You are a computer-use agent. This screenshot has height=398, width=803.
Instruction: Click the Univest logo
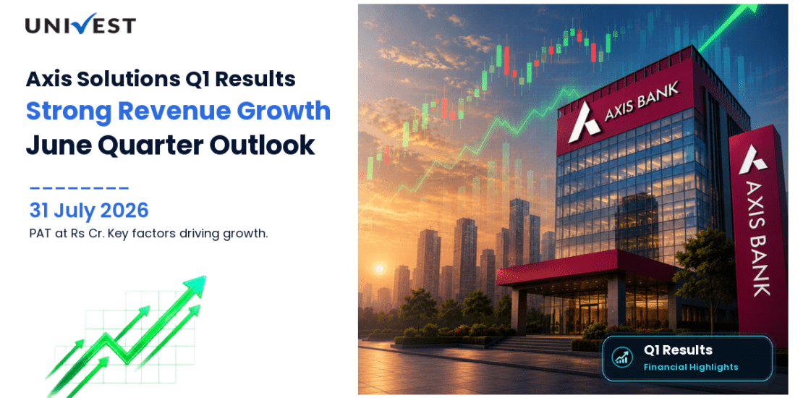[x=80, y=24]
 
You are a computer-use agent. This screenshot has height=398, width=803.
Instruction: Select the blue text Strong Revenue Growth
[x=178, y=111]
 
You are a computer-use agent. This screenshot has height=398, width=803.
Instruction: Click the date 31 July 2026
[x=89, y=211]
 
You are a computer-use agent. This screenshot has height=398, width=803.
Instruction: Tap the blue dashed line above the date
[x=79, y=189]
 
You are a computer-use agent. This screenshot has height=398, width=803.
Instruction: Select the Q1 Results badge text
[x=678, y=350]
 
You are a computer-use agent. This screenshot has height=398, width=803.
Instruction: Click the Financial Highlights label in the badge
[x=690, y=367]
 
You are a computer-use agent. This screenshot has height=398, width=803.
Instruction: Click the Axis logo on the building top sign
[x=585, y=122]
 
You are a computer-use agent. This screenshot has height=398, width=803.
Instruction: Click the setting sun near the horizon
[x=380, y=268]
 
